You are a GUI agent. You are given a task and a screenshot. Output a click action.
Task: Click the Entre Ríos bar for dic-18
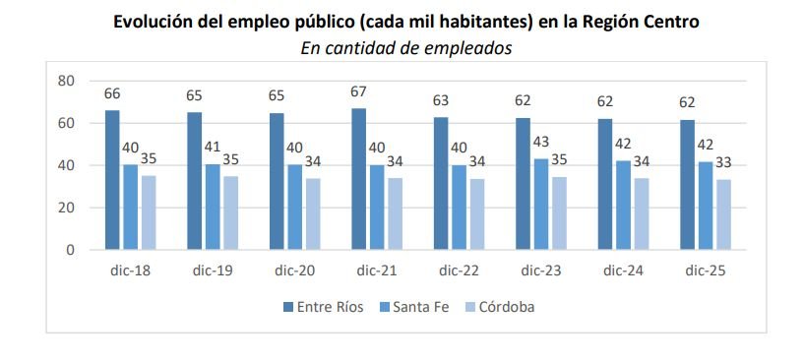pos(112,180)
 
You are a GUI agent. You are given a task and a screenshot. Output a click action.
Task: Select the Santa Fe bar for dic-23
pos(541,205)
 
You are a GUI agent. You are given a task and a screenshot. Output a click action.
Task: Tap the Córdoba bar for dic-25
pos(723,214)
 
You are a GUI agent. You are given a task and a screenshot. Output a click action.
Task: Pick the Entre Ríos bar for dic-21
pos(358,179)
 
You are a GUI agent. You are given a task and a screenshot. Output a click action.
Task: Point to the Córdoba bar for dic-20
pos(313,213)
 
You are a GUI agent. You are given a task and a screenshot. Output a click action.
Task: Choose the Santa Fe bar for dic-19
pos(213,207)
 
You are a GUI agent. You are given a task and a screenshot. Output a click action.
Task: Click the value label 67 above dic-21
pos(358,92)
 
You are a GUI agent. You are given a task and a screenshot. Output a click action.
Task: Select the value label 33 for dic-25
pos(723,163)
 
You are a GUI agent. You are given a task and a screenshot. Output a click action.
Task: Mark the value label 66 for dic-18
pos(112,94)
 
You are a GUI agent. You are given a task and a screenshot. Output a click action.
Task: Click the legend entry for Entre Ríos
pos(324,307)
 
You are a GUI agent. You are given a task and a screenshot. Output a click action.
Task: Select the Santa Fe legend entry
pos(415,307)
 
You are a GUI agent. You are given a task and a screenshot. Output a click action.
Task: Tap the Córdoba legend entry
pos(501,307)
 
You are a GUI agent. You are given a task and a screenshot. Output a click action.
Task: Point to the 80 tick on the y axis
pos(67,81)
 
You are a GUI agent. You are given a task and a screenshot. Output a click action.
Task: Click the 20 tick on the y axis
pos(67,208)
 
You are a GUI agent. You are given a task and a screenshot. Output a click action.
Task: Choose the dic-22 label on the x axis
pos(459,270)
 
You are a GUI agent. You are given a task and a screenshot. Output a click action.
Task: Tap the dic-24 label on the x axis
pos(623,270)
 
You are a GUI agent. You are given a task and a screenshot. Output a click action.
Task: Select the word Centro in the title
pos(668,22)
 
